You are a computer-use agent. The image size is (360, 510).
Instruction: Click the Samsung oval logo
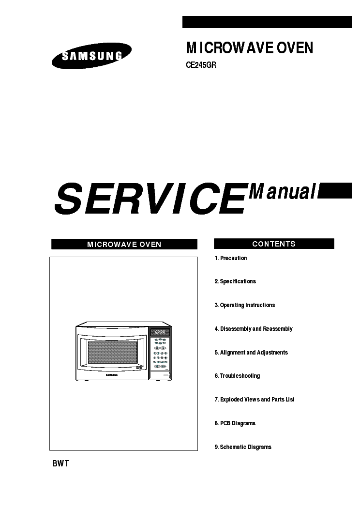point(91,56)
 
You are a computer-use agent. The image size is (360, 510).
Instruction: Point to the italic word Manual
point(283,192)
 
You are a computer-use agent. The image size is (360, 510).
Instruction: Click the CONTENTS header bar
point(274,244)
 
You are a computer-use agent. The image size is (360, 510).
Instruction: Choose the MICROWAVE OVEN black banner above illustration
point(124,244)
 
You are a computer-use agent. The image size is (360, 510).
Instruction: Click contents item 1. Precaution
point(231,258)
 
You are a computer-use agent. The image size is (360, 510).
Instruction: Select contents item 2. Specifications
point(235,281)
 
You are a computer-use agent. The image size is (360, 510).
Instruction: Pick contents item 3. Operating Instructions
point(245,305)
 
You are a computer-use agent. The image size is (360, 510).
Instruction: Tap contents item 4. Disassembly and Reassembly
point(254,329)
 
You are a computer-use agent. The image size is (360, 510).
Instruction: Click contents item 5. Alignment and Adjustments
point(251,353)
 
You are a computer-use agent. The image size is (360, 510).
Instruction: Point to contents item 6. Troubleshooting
point(237,376)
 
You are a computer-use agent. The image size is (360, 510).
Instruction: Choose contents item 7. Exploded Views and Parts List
point(255,400)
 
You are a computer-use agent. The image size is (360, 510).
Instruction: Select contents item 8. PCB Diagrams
point(235,423)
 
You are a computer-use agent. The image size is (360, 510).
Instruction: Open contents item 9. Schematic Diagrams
point(243,447)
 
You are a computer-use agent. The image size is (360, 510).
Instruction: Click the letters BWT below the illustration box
point(60,464)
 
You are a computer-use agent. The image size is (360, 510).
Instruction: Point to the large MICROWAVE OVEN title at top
point(250,48)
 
